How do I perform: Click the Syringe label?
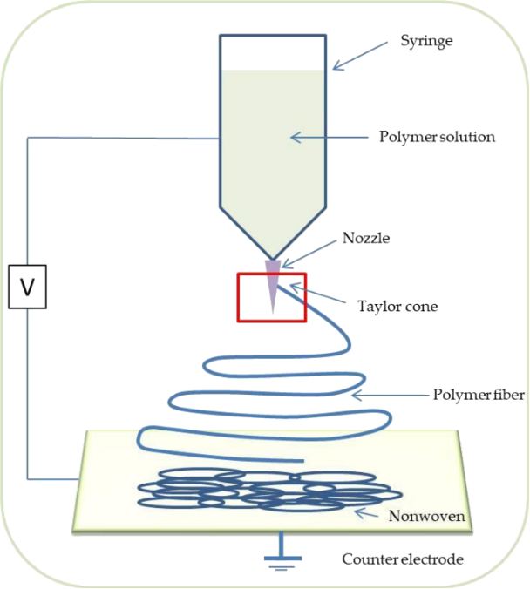click(x=426, y=41)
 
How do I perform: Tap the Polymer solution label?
click(x=437, y=137)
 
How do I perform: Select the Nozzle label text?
click(x=366, y=238)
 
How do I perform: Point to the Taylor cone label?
click(x=397, y=307)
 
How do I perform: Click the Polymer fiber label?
click(x=479, y=395)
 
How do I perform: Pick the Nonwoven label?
click(x=426, y=516)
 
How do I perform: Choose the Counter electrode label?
click(x=403, y=559)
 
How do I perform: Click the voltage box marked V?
click(x=27, y=287)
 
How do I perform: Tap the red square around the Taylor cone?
click(x=238, y=297)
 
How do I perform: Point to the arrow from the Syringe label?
click(x=360, y=56)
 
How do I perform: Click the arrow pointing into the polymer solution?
click(x=330, y=138)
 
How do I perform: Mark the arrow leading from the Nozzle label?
click(x=309, y=254)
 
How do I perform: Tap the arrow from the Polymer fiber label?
click(x=390, y=396)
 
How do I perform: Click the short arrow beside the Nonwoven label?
click(x=366, y=513)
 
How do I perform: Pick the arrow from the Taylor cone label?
click(x=317, y=294)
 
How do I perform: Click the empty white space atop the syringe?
click(x=273, y=53)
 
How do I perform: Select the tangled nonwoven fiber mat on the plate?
click(x=270, y=490)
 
